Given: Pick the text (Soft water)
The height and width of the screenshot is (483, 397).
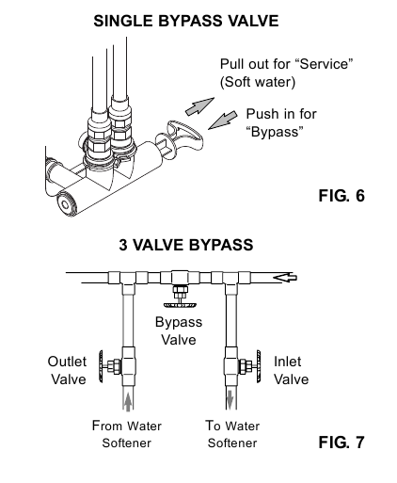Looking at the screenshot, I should tap(258, 82).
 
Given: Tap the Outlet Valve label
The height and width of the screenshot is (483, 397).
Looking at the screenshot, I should tap(67, 370).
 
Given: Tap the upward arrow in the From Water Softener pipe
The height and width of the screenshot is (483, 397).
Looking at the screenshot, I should tap(128, 399).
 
